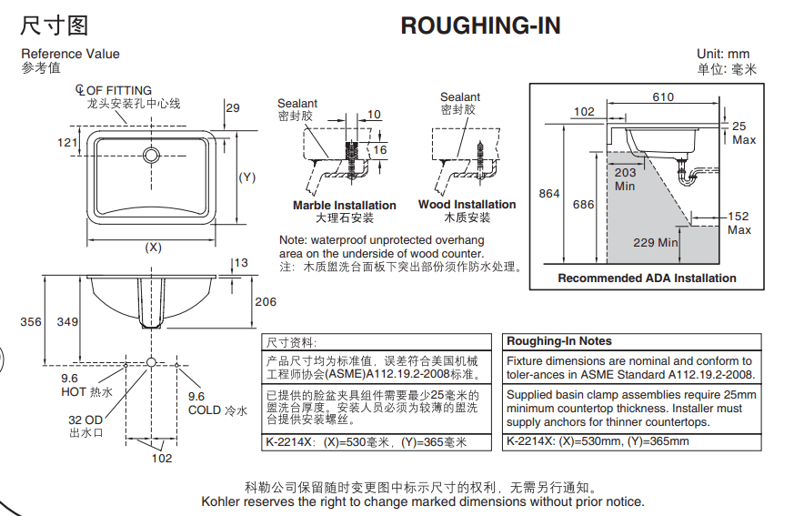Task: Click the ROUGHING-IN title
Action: pyautogui.click(x=480, y=25)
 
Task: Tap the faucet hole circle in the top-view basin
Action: pyautogui.click(x=152, y=156)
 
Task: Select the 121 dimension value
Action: pyautogui.click(x=67, y=142)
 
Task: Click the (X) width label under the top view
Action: pyautogui.click(x=153, y=247)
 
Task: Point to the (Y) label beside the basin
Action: pyautogui.click(x=247, y=177)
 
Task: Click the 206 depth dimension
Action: pyautogui.click(x=265, y=302)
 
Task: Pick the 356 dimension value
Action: pyautogui.click(x=31, y=321)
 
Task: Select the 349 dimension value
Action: pyautogui.click(x=67, y=321)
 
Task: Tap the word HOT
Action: pyautogui.click(x=74, y=392)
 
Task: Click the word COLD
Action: pyautogui.click(x=204, y=410)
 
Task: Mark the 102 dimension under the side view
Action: pyautogui.click(x=161, y=459)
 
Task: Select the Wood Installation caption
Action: pyautogui.click(x=467, y=205)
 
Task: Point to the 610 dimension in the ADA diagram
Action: pyautogui.click(x=663, y=97)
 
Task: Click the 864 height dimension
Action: pyautogui.click(x=549, y=193)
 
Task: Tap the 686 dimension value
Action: pyautogui.click(x=583, y=205)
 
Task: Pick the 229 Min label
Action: pyautogui.click(x=656, y=242)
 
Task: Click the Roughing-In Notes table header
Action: pyautogui.click(x=558, y=341)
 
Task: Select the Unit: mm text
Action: pyautogui.click(x=723, y=55)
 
